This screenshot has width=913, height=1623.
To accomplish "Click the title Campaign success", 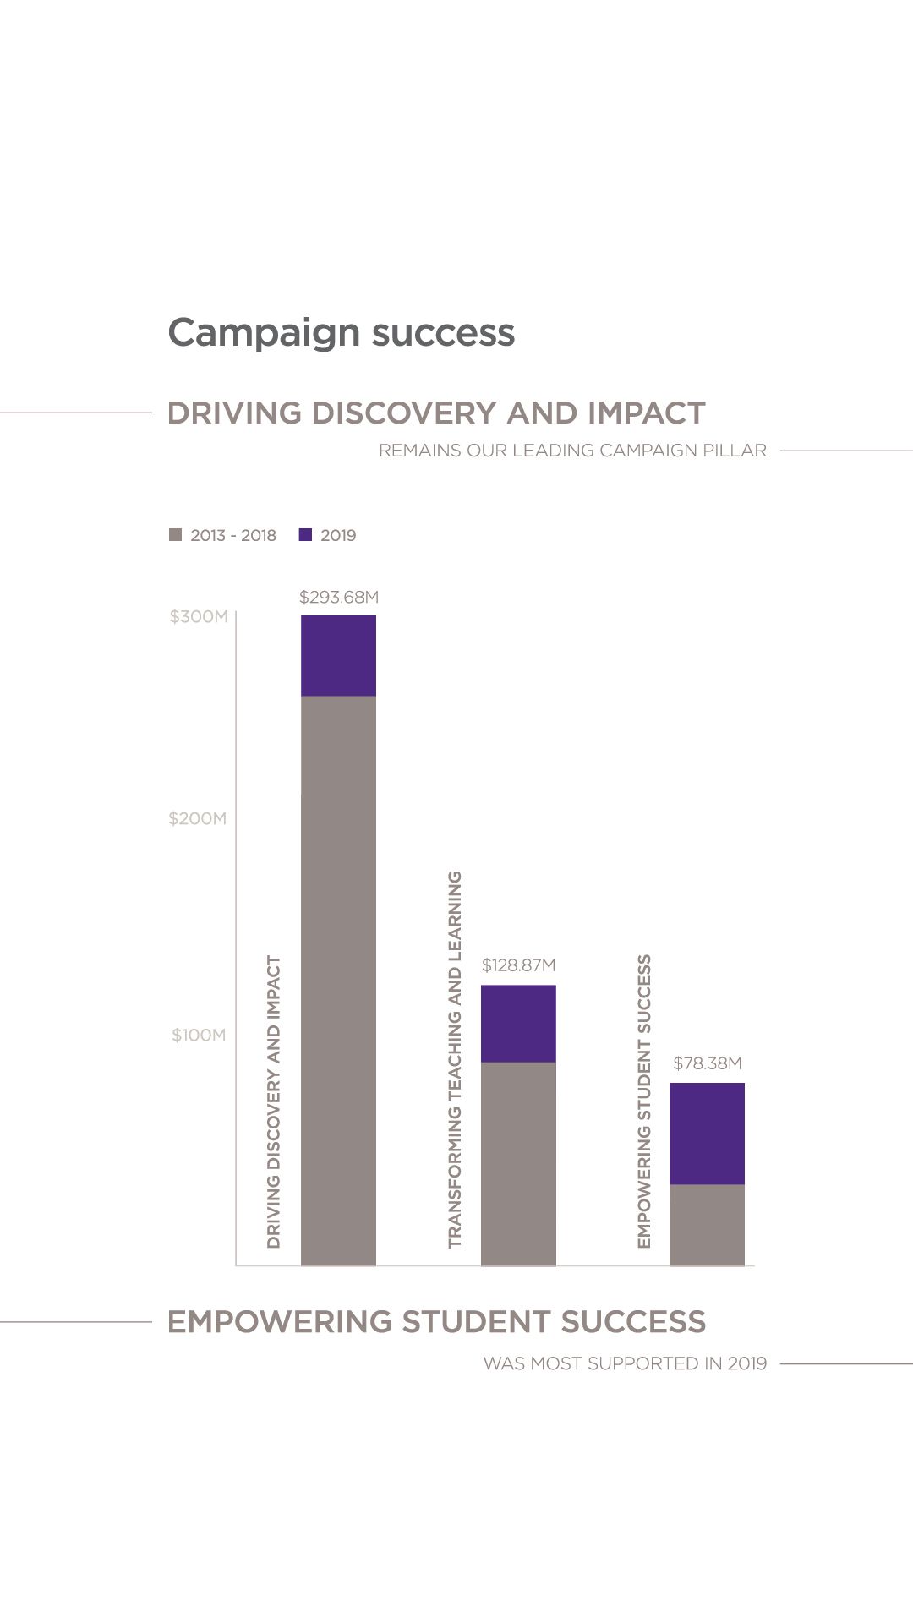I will [341, 332].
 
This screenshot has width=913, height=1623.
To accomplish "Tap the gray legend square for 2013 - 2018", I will [176, 535].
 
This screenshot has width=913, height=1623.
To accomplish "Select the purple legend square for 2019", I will [306, 535].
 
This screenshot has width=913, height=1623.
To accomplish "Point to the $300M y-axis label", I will [199, 616].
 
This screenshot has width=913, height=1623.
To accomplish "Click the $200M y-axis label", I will [198, 818].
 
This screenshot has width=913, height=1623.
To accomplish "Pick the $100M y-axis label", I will [199, 1035].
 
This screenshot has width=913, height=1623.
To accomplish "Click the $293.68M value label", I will [339, 597].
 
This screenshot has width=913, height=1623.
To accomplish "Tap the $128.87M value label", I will [518, 965].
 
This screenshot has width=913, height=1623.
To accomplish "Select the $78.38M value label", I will [707, 1063].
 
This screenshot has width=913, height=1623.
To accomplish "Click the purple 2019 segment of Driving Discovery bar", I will [338, 655].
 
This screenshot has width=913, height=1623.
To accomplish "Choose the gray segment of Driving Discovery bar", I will [338, 981].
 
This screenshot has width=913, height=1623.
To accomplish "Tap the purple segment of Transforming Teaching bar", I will [518, 1023].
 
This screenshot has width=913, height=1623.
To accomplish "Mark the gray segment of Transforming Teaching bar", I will [518, 1163].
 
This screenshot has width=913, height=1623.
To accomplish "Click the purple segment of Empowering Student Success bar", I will [707, 1133].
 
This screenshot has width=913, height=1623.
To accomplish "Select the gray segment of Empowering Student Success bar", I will [707, 1224].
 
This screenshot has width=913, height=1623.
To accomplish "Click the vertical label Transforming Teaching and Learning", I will [455, 1059].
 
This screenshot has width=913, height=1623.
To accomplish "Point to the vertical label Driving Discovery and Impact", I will [273, 1101].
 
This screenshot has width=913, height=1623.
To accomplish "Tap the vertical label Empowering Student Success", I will [644, 1101].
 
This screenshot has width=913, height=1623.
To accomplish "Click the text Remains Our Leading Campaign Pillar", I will [572, 451].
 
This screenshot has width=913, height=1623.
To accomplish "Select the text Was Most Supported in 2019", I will [625, 1363].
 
